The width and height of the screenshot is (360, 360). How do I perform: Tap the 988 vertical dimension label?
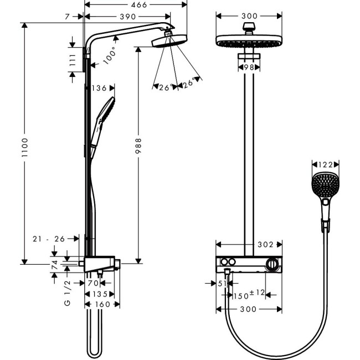(138, 147)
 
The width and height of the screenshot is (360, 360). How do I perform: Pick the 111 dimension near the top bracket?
(72, 60)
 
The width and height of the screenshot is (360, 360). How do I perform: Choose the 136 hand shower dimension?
(100, 88)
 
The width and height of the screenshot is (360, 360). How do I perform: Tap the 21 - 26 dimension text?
(49, 239)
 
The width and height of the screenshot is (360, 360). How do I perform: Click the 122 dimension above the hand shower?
(325, 164)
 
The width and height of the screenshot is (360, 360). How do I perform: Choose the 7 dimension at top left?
(66, 17)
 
